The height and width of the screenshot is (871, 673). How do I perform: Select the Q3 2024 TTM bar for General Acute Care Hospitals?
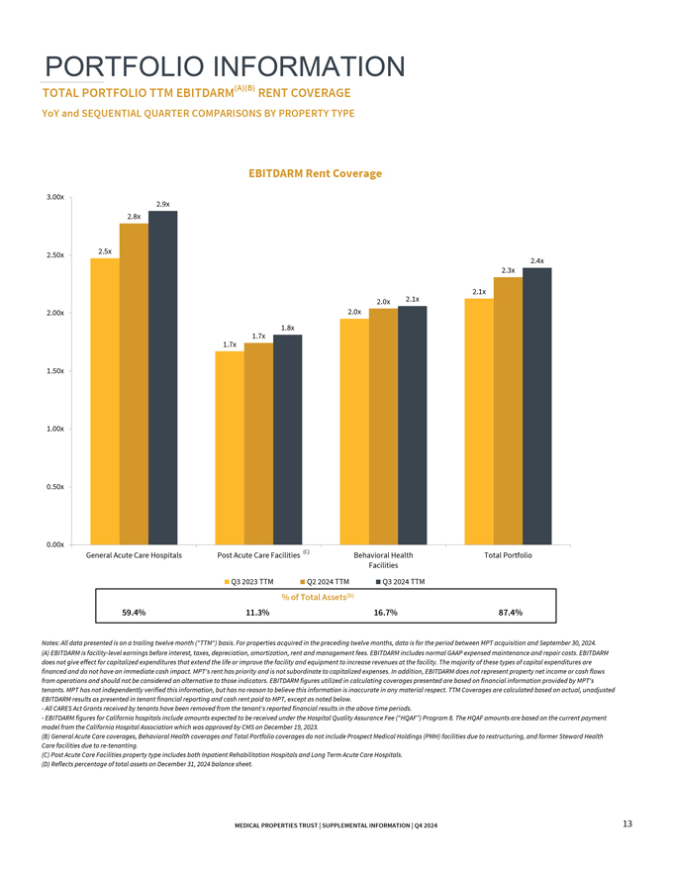[x=163, y=377]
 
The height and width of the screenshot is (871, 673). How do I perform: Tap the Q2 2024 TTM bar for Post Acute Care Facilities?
[x=258, y=443]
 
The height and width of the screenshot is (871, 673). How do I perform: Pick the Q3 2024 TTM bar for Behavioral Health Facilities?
[x=412, y=426]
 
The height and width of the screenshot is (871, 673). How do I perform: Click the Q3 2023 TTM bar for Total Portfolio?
[x=478, y=422]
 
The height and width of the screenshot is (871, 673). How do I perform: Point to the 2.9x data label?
[x=163, y=204]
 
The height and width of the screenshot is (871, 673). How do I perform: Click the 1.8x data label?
[x=288, y=328]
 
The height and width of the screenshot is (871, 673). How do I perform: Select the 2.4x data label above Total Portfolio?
[x=537, y=261]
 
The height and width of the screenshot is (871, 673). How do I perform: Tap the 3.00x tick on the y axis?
[x=55, y=197]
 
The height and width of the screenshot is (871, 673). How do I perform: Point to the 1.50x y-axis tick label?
[x=55, y=371]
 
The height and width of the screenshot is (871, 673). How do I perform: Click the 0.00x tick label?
[x=55, y=544]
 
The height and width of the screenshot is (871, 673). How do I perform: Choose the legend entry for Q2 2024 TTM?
[x=326, y=581]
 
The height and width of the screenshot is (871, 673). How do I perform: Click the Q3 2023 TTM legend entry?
[x=251, y=581]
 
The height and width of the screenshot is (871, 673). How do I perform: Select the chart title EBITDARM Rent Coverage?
[x=315, y=173]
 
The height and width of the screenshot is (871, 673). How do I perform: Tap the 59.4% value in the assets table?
[x=134, y=612]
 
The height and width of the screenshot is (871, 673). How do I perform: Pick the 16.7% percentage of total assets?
[x=385, y=612]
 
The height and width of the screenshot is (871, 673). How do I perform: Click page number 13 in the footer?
[x=627, y=823]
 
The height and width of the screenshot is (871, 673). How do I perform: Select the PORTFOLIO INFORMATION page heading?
[x=225, y=66]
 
